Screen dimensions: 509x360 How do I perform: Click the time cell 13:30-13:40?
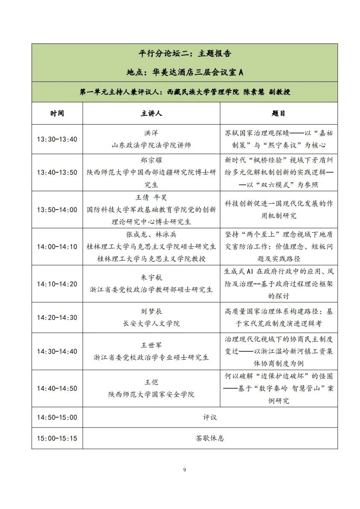(x=57, y=139)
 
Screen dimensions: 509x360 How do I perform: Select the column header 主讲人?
(x=151, y=114)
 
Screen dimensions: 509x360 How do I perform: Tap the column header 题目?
(x=278, y=114)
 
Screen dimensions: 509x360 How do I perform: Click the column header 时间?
(x=57, y=114)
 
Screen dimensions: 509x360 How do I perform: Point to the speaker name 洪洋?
(x=151, y=133)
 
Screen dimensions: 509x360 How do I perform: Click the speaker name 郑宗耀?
(x=151, y=160)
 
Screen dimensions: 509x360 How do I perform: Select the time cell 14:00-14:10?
(x=57, y=247)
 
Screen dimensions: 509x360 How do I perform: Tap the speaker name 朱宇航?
(x=151, y=277)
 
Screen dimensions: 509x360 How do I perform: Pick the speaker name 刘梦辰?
(x=151, y=312)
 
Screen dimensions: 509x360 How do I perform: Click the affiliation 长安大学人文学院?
(x=151, y=324)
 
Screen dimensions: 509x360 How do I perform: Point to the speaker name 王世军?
(x=151, y=345)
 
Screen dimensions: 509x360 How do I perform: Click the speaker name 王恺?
(x=151, y=382)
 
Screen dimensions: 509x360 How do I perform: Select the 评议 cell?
(x=210, y=418)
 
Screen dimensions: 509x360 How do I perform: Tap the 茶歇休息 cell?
(x=210, y=438)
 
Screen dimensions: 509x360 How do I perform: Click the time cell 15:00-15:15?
(x=57, y=438)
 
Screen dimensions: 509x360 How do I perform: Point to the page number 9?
(x=185, y=470)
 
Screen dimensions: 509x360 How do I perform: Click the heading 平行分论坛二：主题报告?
(x=185, y=54)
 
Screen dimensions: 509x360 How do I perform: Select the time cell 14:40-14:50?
(x=57, y=389)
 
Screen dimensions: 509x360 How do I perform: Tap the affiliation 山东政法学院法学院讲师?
(x=151, y=146)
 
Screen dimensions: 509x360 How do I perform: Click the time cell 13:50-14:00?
(x=57, y=210)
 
